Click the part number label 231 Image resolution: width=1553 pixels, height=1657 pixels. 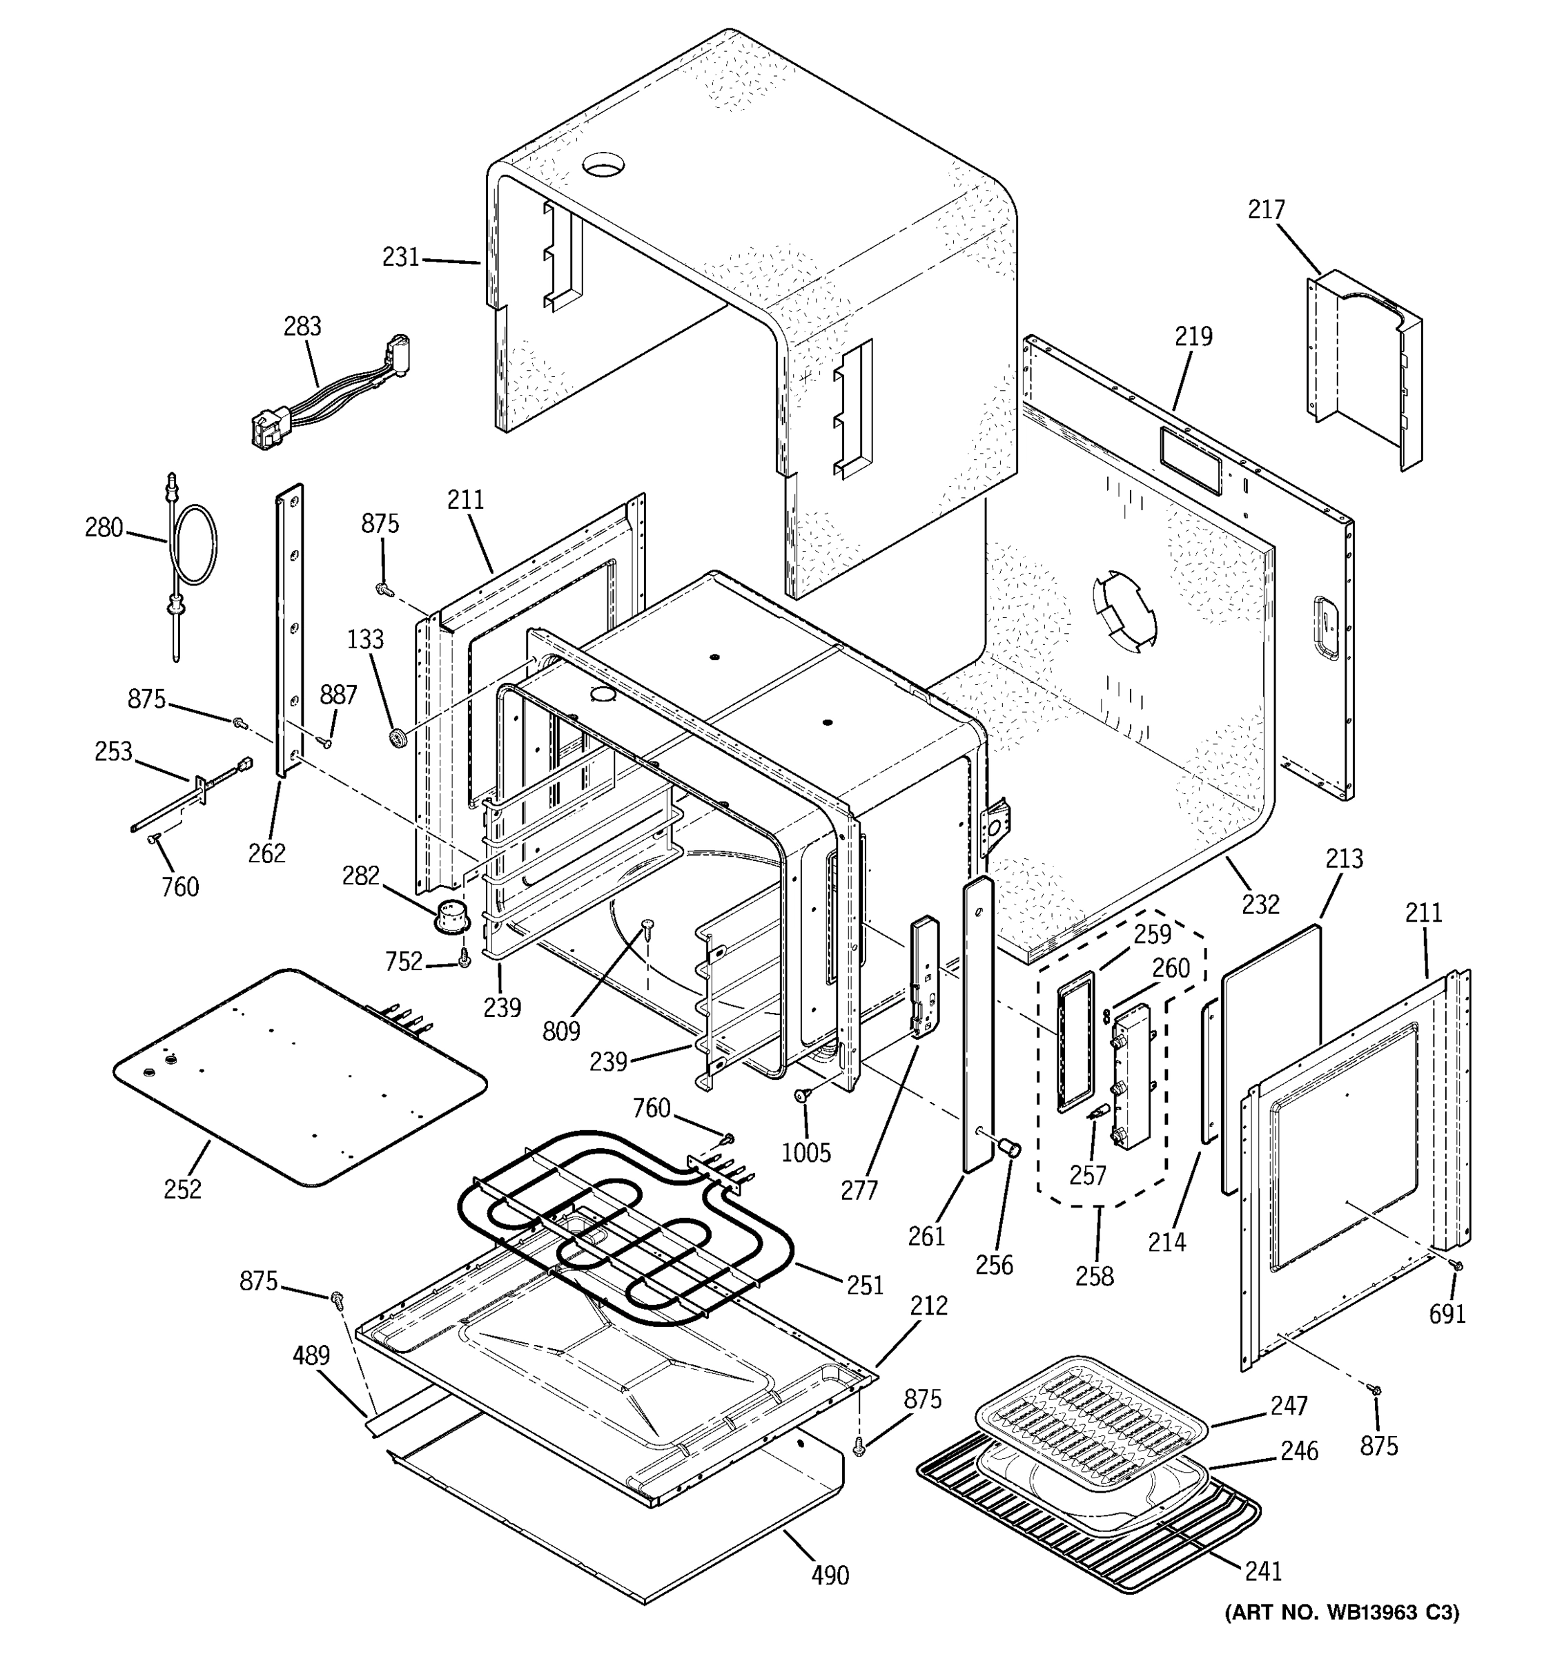point(400,258)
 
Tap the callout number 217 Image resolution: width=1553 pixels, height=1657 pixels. point(1266,209)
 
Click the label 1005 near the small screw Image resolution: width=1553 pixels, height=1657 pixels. point(805,1153)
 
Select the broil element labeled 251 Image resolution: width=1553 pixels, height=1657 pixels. point(625,1225)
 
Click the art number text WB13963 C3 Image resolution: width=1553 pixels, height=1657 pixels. point(1341,1636)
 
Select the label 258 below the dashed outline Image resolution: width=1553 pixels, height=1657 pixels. point(1094,1275)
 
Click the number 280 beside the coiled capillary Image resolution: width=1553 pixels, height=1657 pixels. point(104,527)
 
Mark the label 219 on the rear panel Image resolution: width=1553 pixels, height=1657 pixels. point(1193,337)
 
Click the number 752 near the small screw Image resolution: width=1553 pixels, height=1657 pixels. point(404,962)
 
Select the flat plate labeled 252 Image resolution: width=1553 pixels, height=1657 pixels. point(300,1075)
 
